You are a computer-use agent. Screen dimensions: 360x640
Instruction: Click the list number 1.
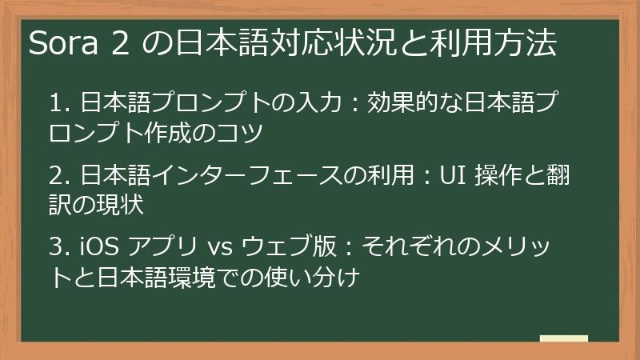pyautogui.click(x=56, y=104)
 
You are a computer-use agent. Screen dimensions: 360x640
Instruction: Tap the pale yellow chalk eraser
pyautogui.click(x=563, y=338)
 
